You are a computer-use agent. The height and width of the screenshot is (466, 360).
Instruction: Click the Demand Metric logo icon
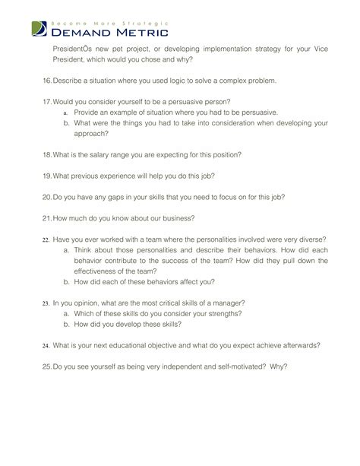(x=39, y=30)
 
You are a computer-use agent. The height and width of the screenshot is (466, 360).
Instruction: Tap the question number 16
(x=47, y=81)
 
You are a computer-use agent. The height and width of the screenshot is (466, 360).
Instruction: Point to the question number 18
(x=47, y=154)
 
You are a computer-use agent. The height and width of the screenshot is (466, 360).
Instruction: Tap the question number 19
(x=47, y=176)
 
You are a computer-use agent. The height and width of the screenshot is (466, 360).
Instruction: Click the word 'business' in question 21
(x=178, y=218)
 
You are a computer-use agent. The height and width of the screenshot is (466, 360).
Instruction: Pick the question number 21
(x=47, y=218)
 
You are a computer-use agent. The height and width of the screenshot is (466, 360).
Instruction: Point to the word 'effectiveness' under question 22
(x=97, y=271)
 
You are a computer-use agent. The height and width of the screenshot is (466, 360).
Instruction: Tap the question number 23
(x=46, y=302)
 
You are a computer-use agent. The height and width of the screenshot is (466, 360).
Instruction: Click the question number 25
(x=47, y=366)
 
